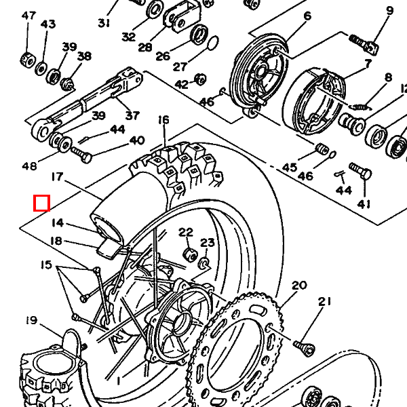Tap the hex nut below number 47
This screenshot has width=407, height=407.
28,58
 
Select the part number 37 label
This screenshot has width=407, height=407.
132,115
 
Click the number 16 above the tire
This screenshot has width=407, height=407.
163,120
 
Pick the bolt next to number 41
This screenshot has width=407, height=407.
360,170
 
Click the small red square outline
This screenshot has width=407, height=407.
42,203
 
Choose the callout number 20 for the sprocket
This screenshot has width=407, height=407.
299,285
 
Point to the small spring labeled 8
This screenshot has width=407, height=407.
361,106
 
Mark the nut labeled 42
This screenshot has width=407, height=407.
200,79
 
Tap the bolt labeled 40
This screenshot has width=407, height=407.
83,156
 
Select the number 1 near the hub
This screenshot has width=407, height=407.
119,381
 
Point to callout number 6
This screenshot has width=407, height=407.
307,16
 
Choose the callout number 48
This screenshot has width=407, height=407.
29,166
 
